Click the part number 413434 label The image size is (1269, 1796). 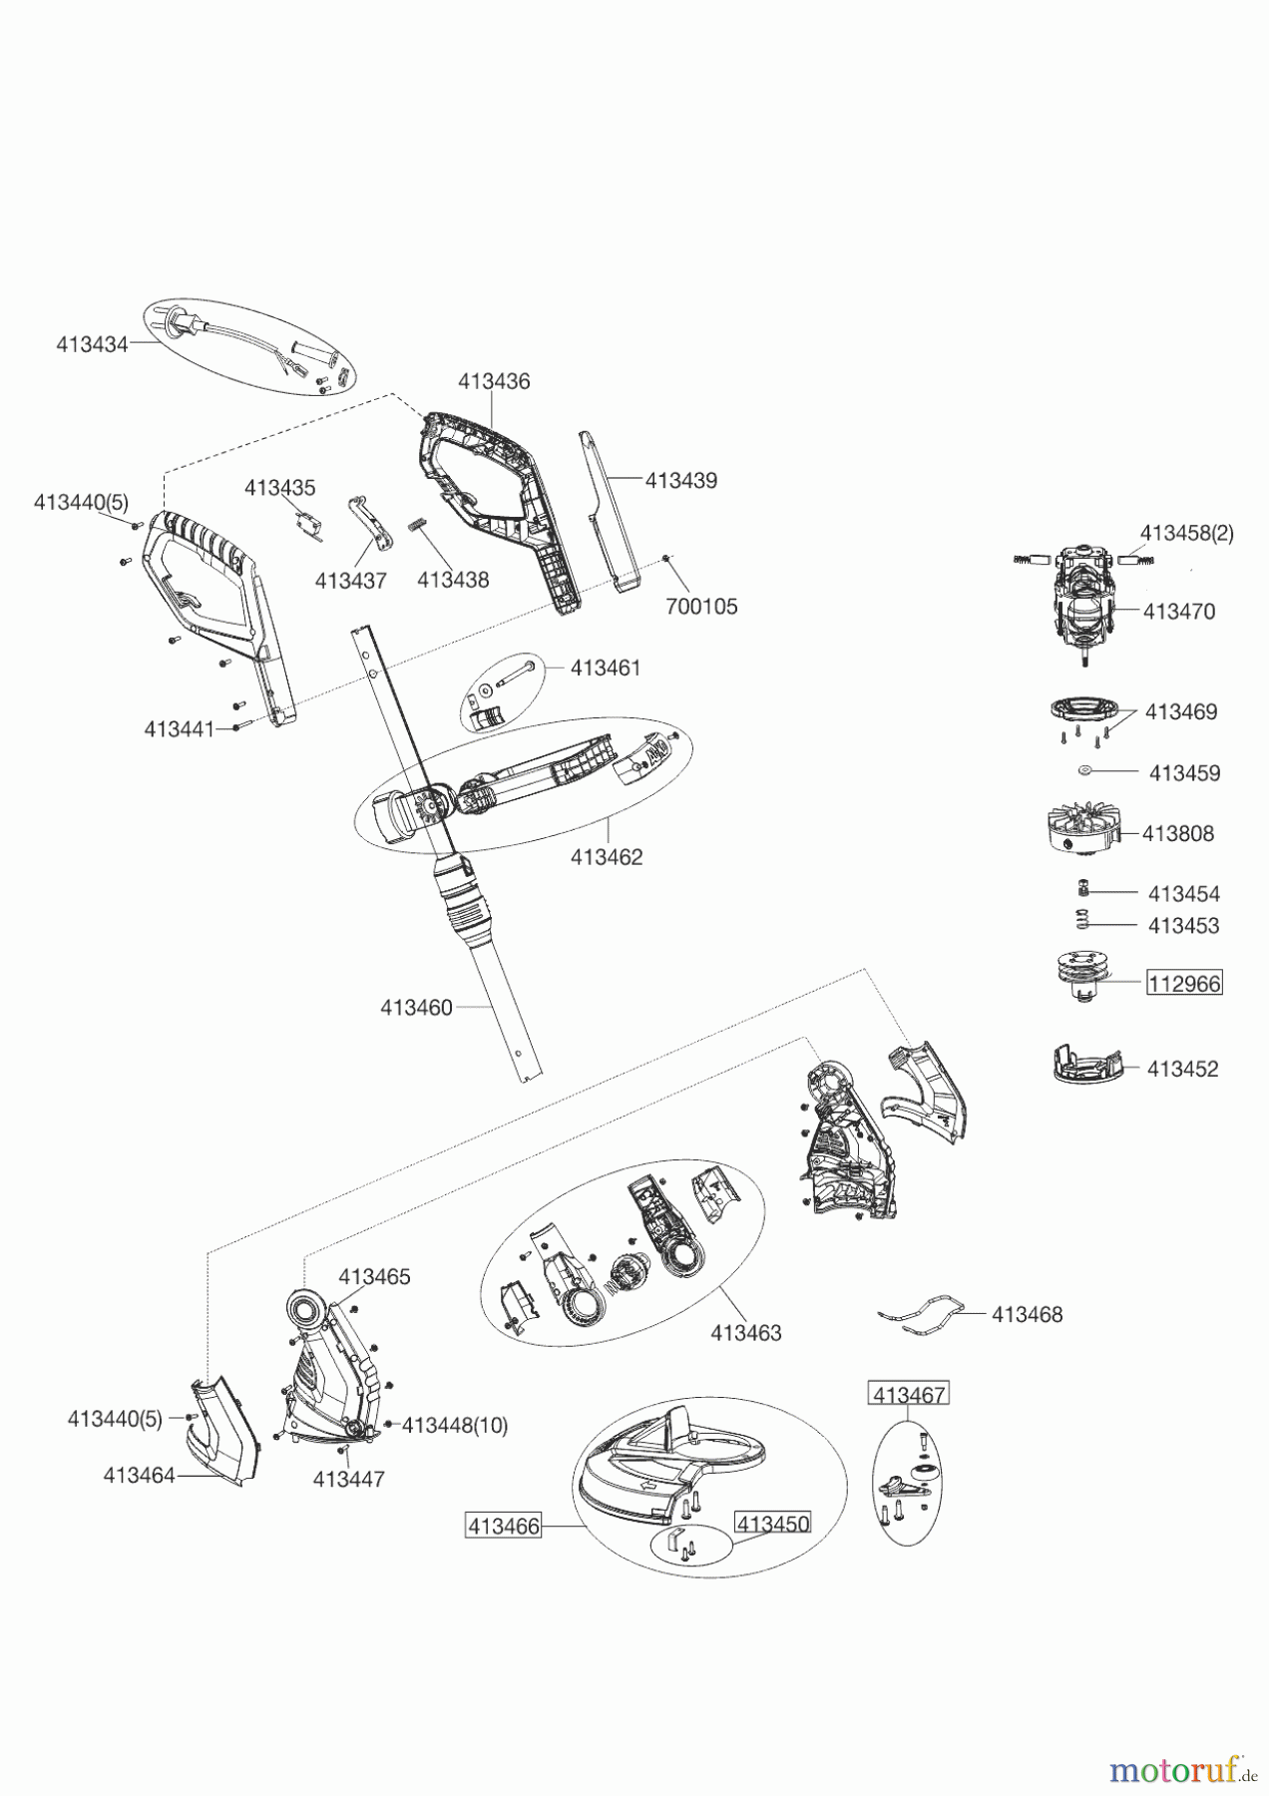pyautogui.click(x=92, y=344)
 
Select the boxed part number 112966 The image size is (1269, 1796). pyautogui.click(x=1184, y=983)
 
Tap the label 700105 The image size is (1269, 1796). pyautogui.click(x=700, y=607)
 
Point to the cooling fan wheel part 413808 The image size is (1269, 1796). pyautogui.click(x=1081, y=827)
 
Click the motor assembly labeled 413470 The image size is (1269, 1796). pyautogui.click(x=1081, y=607)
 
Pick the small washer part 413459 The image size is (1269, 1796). pyautogui.click(x=1085, y=770)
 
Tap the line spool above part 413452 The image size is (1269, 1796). pyautogui.click(x=1083, y=976)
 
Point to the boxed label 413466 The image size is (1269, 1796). pyautogui.click(x=504, y=1526)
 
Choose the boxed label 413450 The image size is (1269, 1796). pyautogui.click(x=772, y=1524)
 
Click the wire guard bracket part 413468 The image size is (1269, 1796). pyautogui.click(x=923, y=1312)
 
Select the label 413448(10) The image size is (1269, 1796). pyautogui.click(x=454, y=1426)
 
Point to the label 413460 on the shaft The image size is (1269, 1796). pyautogui.click(x=416, y=1008)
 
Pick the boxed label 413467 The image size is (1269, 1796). pyautogui.click(x=909, y=1394)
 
